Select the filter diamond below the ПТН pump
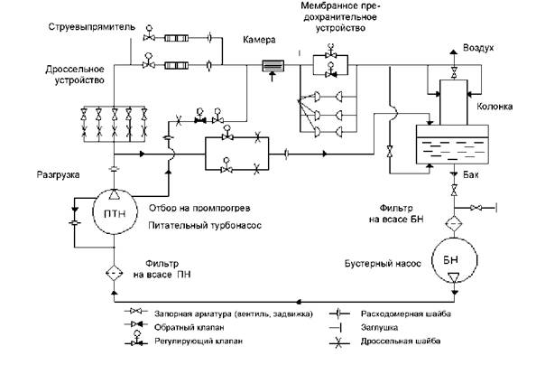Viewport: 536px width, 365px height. (x=115, y=273)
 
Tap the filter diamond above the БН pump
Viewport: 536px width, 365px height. (x=454, y=224)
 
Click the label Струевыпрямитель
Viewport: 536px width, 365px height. (x=92, y=27)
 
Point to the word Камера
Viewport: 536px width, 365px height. (x=259, y=40)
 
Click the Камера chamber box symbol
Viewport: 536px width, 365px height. (x=273, y=66)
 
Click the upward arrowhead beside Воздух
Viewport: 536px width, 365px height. (x=454, y=52)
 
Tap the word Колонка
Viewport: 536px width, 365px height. (x=494, y=107)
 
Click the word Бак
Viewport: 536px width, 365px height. (x=471, y=175)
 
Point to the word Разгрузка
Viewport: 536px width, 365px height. (x=58, y=174)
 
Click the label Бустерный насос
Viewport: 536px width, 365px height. (x=383, y=264)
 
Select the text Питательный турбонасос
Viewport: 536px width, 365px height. (x=205, y=225)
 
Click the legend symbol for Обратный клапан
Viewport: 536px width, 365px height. (x=136, y=324)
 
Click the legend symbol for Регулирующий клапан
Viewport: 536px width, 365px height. (x=136, y=338)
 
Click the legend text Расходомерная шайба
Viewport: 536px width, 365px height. (x=406, y=314)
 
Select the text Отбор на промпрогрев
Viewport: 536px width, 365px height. (x=199, y=208)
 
